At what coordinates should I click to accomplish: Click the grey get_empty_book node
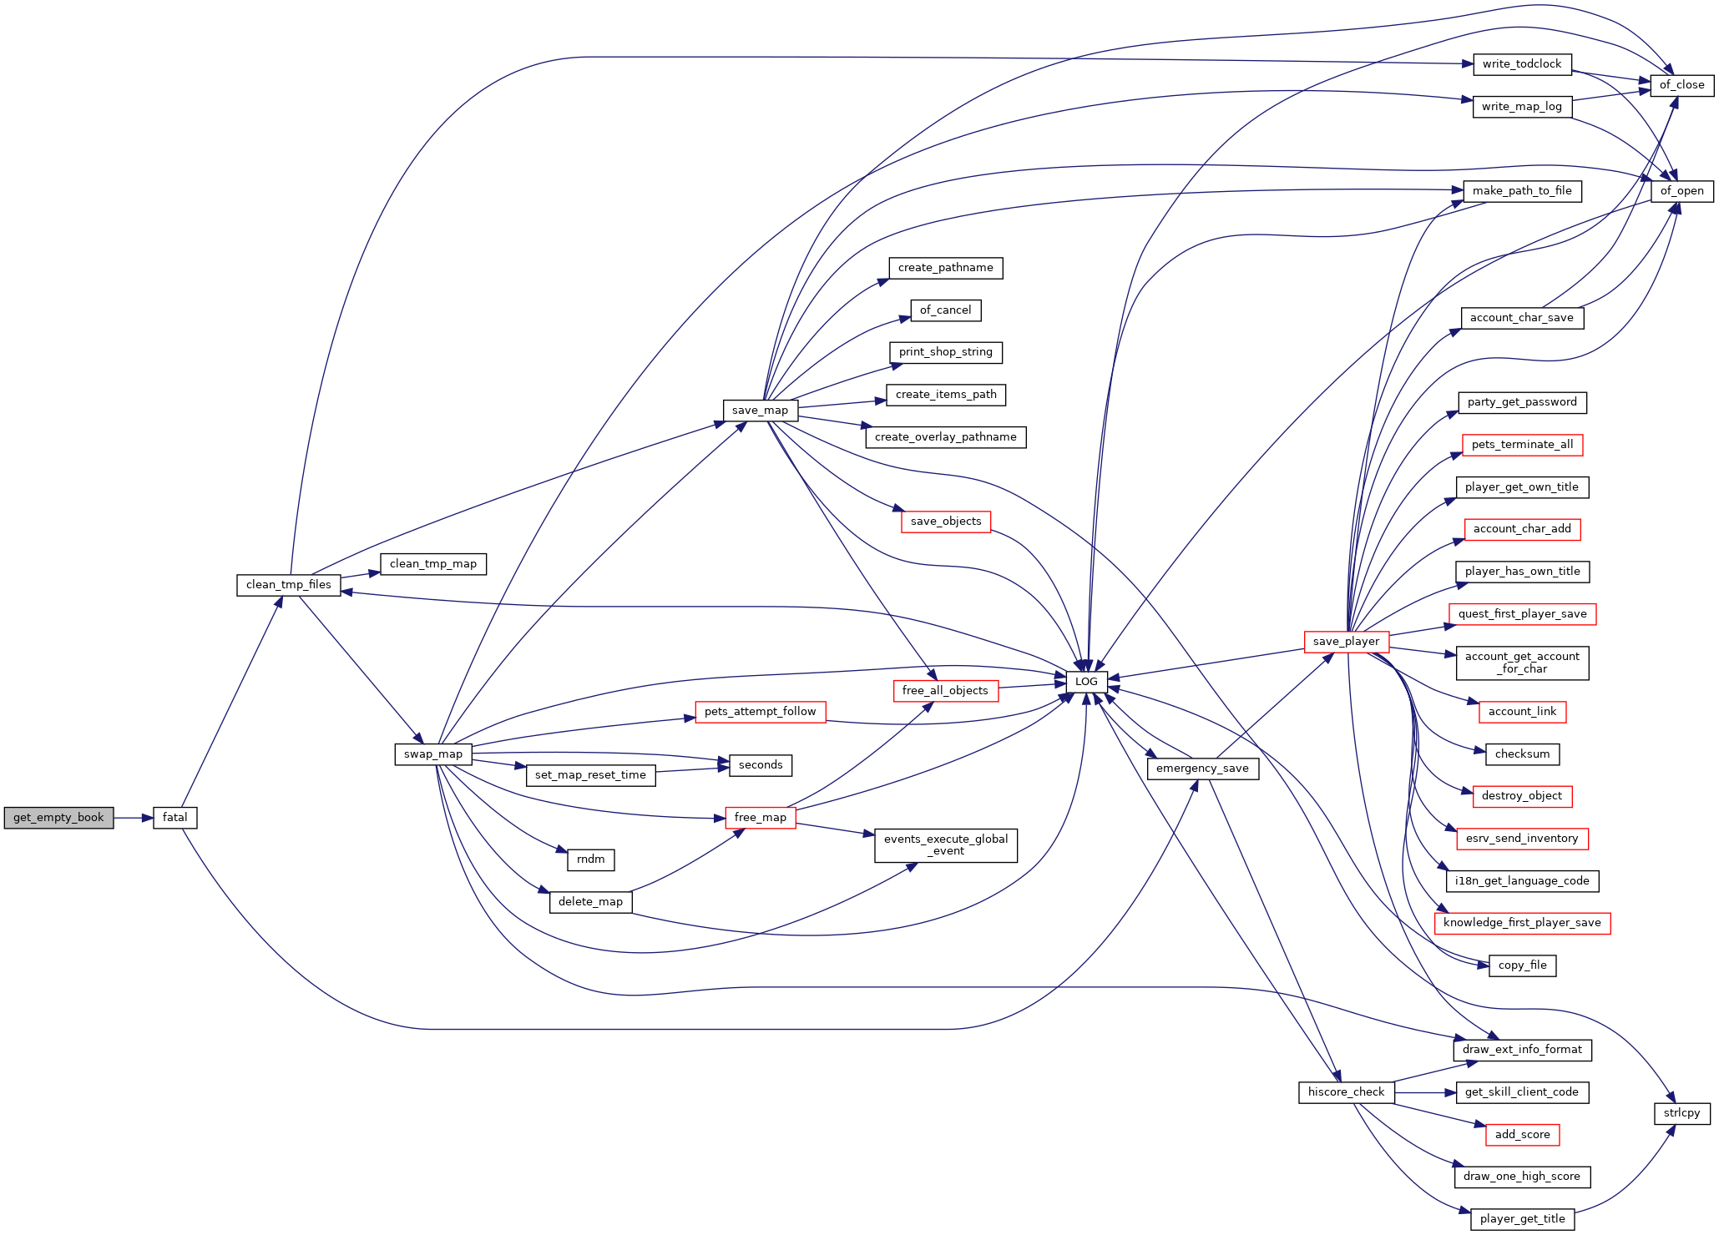[x=58, y=818]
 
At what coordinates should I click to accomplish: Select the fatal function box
[x=175, y=818]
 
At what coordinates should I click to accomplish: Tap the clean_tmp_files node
[x=289, y=585]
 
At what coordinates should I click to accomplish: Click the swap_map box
[x=433, y=754]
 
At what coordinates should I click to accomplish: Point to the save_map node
[x=761, y=411]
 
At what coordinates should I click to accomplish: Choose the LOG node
[x=1087, y=682]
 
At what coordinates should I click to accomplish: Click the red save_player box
[x=1347, y=642]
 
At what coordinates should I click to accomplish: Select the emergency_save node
[x=1203, y=769]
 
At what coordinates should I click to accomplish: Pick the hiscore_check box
[x=1347, y=1092]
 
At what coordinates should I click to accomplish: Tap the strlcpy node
[x=1682, y=1113]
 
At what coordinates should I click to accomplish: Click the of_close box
[x=1682, y=85]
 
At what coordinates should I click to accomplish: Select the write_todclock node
[x=1522, y=64]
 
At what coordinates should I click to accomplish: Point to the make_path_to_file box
[x=1522, y=191]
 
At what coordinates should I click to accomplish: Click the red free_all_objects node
[x=946, y=691]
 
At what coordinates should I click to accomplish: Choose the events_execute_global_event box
[x=946, y=845]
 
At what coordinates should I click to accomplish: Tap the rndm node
[x=591, y=859]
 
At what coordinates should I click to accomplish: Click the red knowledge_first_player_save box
[x=1522, y=923]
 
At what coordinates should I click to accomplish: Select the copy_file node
[x=1523, y=965]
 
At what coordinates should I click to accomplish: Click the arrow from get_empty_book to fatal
[x=134, y=818]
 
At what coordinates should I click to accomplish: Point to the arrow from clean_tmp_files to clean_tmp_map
[x=361, y=575]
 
